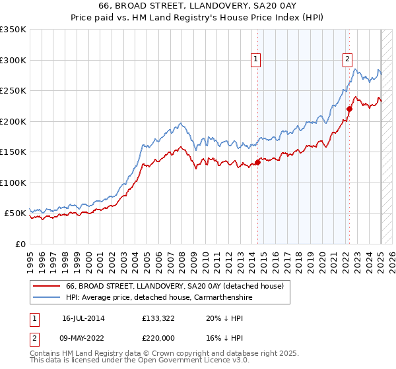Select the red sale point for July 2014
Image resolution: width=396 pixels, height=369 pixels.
coord(258,163)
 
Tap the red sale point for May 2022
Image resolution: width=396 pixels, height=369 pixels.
coord(350,109)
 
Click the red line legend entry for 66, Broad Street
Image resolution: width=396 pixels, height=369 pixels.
coord(174,286)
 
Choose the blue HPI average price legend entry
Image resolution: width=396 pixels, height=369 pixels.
coord(158,298)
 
